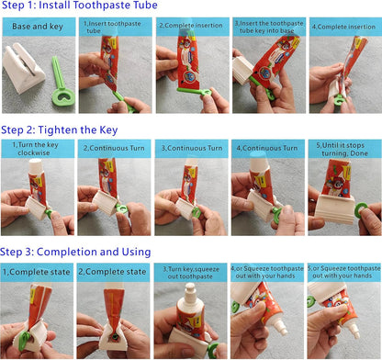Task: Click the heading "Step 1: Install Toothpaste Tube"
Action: pos(80,6)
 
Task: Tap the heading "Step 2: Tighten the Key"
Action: pos(60,130)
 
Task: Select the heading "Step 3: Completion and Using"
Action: pos(75,252)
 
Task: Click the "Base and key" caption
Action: pos(38,27)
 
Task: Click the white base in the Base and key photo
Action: pos(24,68)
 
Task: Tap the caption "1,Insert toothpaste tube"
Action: pos(112,27)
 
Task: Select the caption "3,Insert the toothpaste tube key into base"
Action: pos(269,27)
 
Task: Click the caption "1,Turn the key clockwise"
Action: pos(35,149)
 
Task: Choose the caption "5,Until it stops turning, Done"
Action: pos(342,149)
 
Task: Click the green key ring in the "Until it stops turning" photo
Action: pos(361,210)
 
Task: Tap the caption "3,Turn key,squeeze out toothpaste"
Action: pos(191,273)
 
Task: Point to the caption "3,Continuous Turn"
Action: pos(192,148)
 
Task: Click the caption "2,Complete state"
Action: pos(112,272)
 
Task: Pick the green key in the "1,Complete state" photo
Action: pos(24,341)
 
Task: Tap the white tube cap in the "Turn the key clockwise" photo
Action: pos(36,165)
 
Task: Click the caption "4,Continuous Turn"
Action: pos(267,148)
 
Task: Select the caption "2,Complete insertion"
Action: pos(191,26)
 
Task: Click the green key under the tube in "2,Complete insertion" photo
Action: pos(194,91)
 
